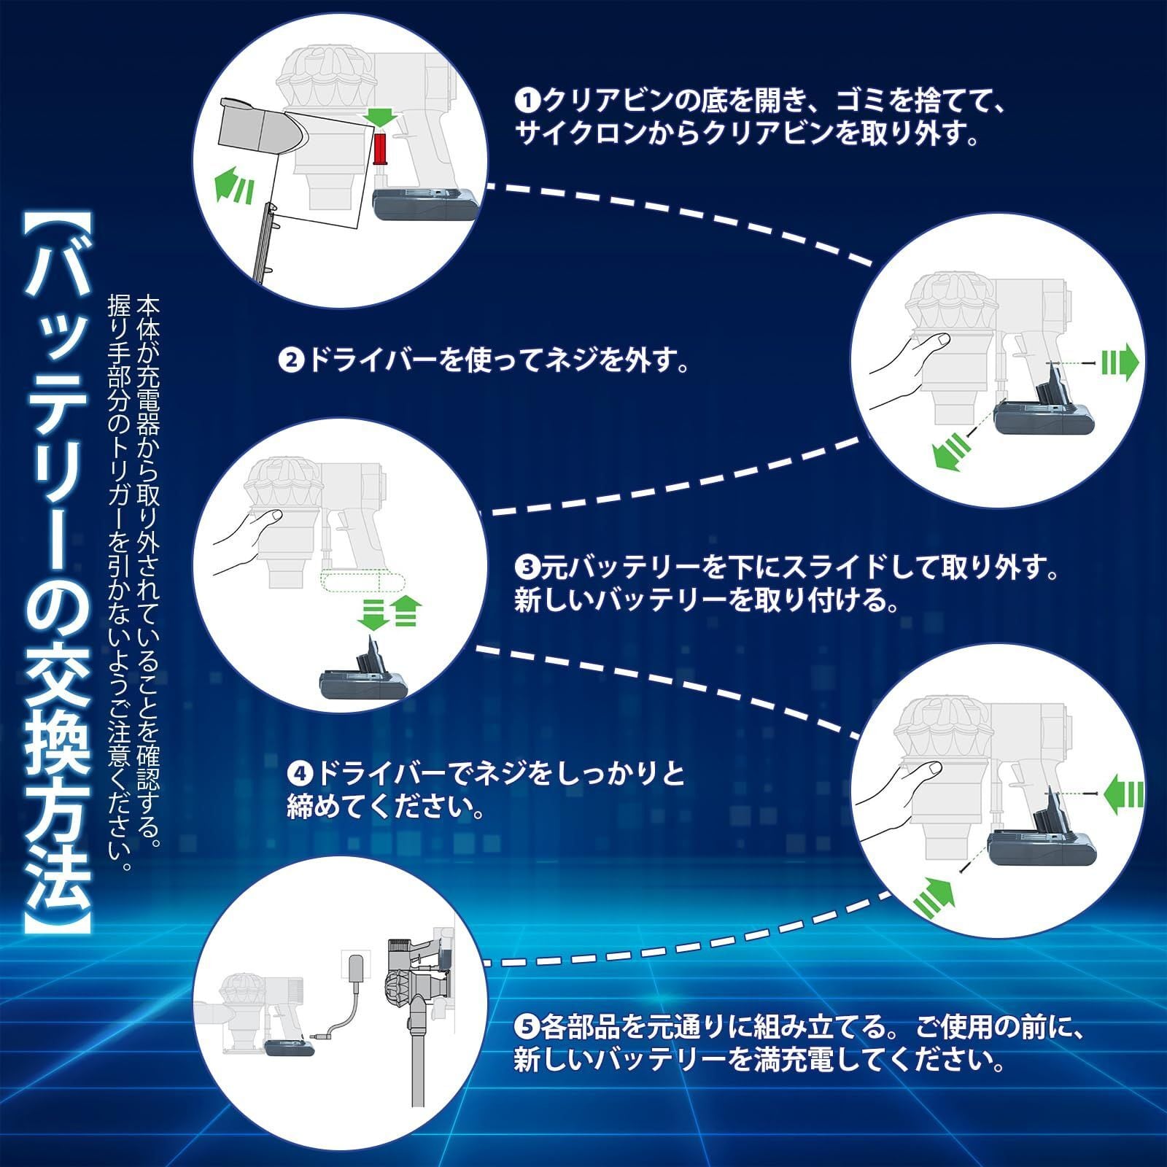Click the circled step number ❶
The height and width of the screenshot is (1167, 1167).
[526, 100]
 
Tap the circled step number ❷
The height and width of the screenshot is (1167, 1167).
[291, 360]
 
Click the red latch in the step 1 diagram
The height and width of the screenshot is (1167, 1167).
[379, 148]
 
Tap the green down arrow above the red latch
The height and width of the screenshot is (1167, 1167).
[379, 116]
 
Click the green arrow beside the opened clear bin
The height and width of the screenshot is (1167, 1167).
[234, 183]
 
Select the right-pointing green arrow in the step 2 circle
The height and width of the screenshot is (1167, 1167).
[1119, 362]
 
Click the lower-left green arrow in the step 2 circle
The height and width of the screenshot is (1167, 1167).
[951, 453]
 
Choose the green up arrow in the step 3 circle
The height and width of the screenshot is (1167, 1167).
[406, 610]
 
